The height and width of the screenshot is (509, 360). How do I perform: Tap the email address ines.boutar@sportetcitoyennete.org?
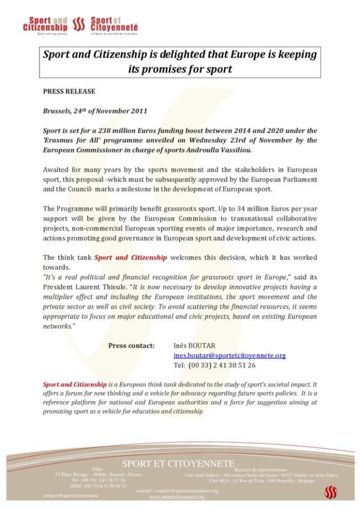point(229,355)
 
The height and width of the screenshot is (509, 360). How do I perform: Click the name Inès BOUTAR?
point(195,346)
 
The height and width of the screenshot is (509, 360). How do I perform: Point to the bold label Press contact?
point(132,346)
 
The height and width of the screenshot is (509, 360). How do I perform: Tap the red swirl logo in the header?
point(79,23)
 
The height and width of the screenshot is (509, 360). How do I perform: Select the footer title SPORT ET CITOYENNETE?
point(178,464)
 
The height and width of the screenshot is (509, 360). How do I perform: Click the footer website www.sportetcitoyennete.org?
point(177,497)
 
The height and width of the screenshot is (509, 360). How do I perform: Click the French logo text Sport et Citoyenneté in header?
point(114,23)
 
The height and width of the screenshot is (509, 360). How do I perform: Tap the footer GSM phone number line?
point(98,486)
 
